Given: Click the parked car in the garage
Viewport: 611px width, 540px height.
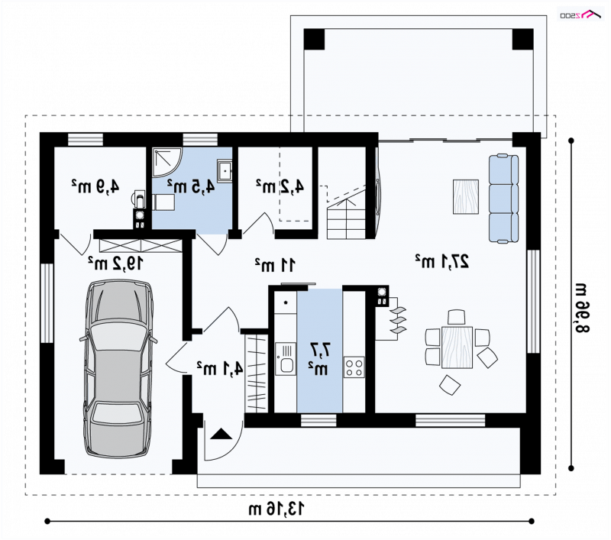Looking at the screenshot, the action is (118, 369).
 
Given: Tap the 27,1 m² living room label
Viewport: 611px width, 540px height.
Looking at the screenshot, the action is (441, 261).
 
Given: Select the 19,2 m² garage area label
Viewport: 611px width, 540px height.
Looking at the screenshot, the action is (115, 264).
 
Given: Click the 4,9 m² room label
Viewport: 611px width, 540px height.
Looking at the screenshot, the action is (95, 186).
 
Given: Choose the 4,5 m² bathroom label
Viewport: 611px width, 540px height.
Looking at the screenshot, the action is (191, 186).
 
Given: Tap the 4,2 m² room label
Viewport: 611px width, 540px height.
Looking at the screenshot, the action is (280, 186).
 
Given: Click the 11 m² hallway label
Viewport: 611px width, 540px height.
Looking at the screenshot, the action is (275, 265).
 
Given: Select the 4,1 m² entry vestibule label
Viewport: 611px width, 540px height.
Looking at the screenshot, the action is (219, 368).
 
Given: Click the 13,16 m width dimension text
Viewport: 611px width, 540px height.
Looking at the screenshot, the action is (276, 509).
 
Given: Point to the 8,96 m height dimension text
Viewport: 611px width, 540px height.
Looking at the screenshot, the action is (582, 308).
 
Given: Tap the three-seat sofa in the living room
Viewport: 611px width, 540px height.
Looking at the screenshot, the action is (503, 199).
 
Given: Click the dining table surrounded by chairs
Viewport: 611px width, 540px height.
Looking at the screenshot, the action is (457, 348).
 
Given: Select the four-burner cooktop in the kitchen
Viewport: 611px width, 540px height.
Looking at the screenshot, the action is (354, 367).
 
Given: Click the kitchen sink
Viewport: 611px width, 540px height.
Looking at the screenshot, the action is (286, 359).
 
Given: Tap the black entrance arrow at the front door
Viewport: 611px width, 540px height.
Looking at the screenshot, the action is (221, 434).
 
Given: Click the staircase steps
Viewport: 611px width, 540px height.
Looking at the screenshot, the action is (346, 218).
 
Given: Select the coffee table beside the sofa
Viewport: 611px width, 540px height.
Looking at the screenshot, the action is (466, 197).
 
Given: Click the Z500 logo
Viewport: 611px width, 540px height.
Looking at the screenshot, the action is (580, 14).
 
